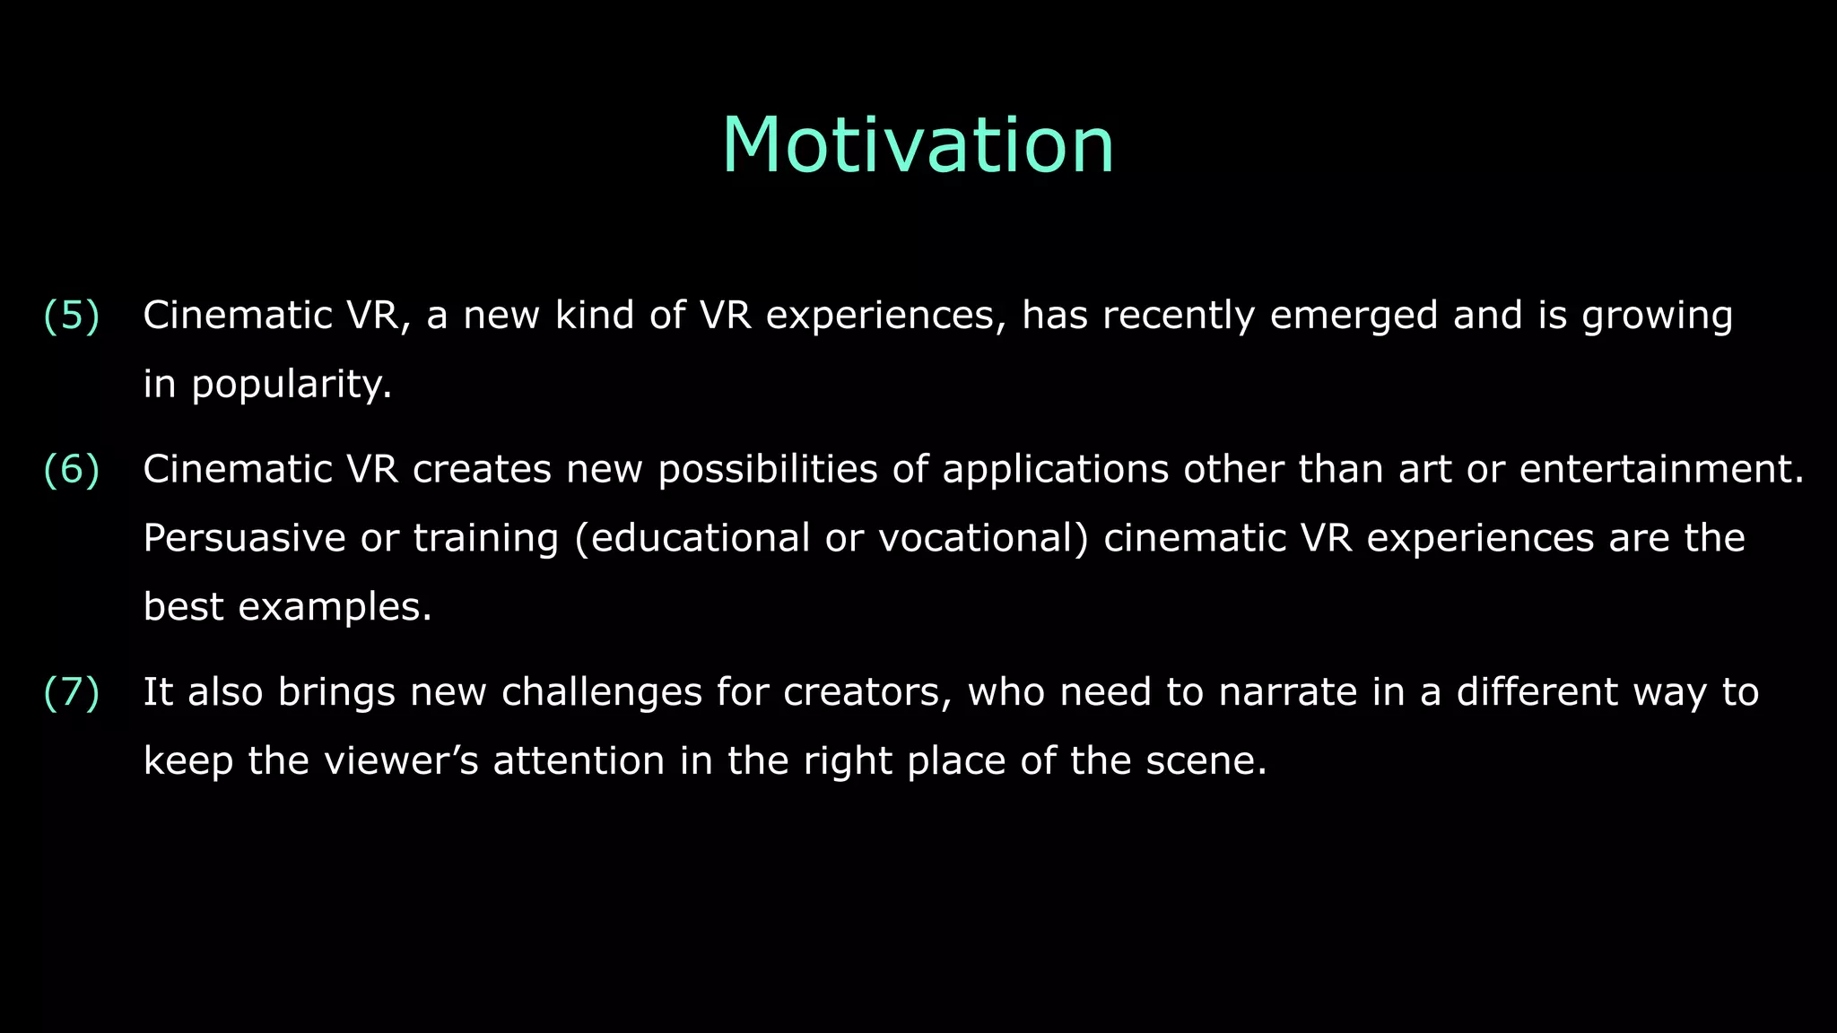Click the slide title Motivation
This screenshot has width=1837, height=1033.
(x=918, y=145)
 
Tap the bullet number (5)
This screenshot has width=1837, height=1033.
(x=72, y=316)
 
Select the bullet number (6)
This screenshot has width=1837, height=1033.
(x=72, y=470)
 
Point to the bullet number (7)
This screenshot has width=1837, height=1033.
(x=72, y=692)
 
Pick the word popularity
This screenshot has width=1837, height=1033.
(x=290, y=386)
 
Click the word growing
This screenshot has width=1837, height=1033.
(x=1657, y=317)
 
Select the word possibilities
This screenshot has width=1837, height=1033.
(x=768, y=470)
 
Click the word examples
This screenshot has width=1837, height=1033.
(x=334, y=607)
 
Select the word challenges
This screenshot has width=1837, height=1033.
(x=601, y=693)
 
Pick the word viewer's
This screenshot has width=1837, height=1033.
(x=401, y=761)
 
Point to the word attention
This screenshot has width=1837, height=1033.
(x=579, y=761)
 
